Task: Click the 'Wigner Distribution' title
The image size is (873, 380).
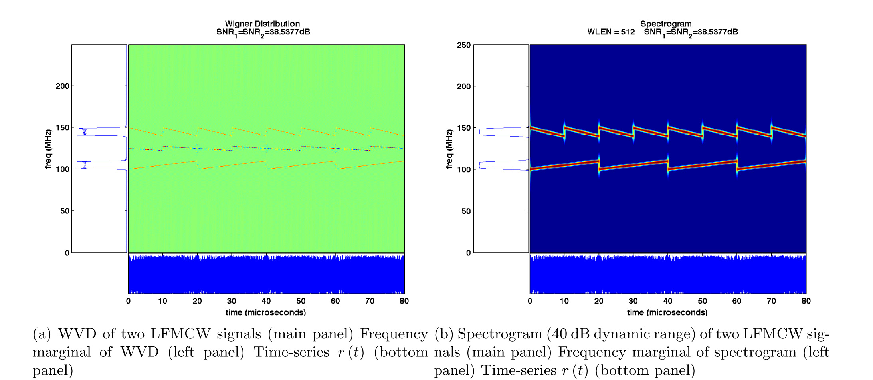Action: point(262,24)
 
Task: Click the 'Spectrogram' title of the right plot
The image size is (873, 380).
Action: point(666,24)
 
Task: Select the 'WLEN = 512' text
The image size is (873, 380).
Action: point(611,32)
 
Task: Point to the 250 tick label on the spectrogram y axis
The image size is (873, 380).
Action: point(464,45)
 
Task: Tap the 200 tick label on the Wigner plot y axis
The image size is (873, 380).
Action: point(62,86)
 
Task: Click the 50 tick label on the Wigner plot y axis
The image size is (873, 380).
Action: point(65,211)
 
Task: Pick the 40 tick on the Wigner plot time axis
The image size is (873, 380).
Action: point(266,301)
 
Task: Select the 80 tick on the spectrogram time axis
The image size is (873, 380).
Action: point(806,301)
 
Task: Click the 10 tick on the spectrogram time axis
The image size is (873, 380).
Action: point(564,301)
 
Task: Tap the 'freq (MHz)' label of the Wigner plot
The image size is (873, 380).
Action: point(48,149)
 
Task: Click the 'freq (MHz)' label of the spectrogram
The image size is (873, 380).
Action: point(449,149)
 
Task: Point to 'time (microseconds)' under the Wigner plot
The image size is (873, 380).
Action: point(266,312)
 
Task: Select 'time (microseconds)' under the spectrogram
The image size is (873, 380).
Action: point(667,312)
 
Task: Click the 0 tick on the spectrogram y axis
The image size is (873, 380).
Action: point(469,253)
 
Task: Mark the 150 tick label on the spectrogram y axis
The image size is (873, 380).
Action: point(464,128)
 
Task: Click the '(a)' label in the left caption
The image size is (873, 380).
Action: point(42,334)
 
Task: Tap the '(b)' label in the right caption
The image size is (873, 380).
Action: point(443,334)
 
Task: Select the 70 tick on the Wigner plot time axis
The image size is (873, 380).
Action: point(370,301)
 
